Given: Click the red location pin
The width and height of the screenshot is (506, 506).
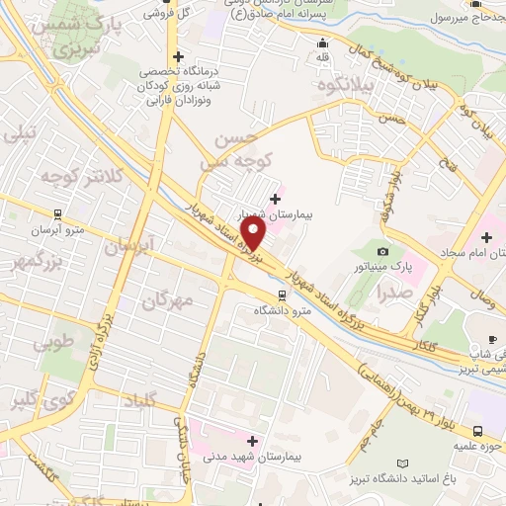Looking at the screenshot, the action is (x=254, y=232).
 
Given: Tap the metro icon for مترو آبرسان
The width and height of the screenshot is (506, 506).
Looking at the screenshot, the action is (x=57, y=212).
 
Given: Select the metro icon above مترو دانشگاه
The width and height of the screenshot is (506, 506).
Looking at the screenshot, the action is (x=283, y=295).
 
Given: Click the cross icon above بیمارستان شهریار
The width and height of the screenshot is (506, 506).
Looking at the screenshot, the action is (x=275, y=199).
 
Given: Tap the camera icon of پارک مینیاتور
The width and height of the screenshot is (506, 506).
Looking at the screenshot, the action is (x=383, y=252).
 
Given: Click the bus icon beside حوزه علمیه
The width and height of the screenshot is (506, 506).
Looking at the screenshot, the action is (x=477, y=431).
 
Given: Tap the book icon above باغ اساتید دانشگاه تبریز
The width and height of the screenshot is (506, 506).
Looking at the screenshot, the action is (x=401, y=463).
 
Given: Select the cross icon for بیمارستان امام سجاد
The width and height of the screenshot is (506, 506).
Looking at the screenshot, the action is (x=486, y=237).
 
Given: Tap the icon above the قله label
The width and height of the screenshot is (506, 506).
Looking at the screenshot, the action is (x=322, y=42).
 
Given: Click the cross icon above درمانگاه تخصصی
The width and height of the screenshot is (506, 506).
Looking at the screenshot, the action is (x=177, y=56).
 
